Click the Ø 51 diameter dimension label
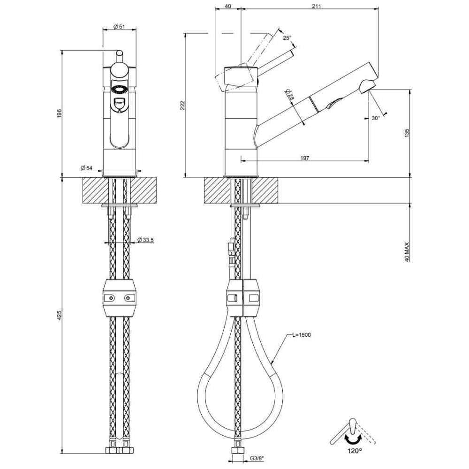click(x=119, y=26)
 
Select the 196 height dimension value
click(x=59, y=113)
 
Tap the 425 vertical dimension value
click(x=59, y=316)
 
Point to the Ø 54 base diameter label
click(x=86, y=168)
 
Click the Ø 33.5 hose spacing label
click(x=145, y=240)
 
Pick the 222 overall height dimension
click(x=183, y=105)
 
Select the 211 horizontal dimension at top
click(x=316, y=6)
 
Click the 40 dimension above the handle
click(x=227, y=6)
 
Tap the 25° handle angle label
click(x=287, y=38)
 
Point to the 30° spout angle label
click(x=376, y=118)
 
